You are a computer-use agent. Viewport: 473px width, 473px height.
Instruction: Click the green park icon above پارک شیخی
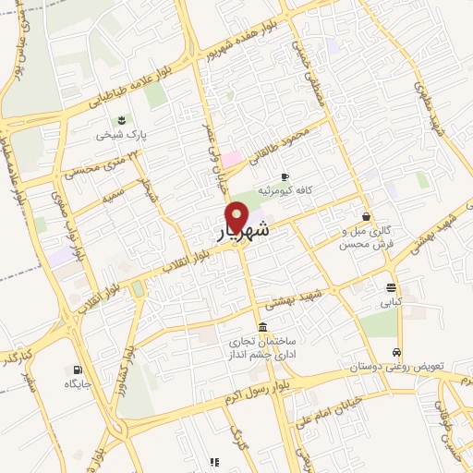(x=120, y=120)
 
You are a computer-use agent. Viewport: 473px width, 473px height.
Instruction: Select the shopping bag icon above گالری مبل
(x=367, y=216)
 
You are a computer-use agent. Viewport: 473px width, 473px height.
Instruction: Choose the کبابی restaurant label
(x=391, y=301)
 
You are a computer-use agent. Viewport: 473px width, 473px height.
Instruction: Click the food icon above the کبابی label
(x=391, y=287)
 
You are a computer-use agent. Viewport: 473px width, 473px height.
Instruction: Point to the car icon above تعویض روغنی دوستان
(x=396, y=353)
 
